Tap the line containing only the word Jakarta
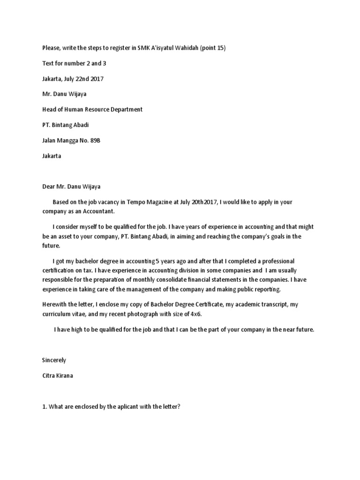point(52,156)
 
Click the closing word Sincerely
point(54,360)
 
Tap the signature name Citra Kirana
point(57,375)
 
